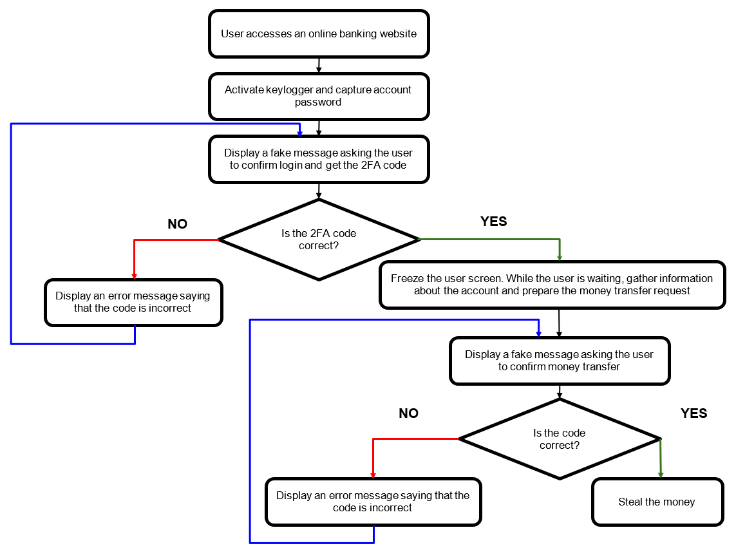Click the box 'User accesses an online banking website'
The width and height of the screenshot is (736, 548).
[x=319, y=33]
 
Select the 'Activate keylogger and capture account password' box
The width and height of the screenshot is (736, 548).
[x=319, y=96]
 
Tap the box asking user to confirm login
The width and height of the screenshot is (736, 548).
[x=319, y=159]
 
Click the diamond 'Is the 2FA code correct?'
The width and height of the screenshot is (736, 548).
[x=319, y=240]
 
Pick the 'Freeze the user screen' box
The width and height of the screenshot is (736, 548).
[x=552, y=285]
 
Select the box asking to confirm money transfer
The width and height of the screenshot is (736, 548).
[x=559, y=361]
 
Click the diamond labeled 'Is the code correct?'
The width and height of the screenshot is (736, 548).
[x=559, y=439]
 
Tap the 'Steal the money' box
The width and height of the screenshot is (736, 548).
[x=657, y=502]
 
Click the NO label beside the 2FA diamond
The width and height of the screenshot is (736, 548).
[x=177, y=224]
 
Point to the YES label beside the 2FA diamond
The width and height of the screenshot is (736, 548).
[x=494, y=222]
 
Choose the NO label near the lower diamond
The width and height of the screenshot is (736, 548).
[x=408, y=413]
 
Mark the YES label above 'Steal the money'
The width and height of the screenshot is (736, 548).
[x=694, y=413]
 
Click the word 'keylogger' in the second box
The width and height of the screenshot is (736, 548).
[x=290, y=90]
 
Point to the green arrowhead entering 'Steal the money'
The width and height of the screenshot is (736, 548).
[x=661, y=474]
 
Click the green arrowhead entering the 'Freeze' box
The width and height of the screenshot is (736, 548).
[x=559, y=257]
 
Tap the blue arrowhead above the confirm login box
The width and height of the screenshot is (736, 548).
[x=299, y=132]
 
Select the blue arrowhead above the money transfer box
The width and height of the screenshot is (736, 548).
[x=538, y=333]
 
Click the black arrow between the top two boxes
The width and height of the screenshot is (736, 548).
[x=319, y=65]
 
